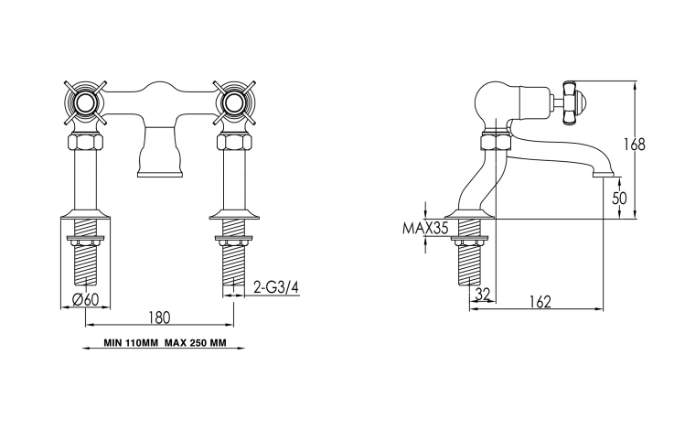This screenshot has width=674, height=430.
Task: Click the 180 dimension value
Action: pos(159,317)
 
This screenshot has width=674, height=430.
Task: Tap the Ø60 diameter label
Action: pos(86,299)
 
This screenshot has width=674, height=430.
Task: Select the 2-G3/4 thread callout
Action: pos(275,287)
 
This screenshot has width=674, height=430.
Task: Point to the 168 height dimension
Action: pos(635,145)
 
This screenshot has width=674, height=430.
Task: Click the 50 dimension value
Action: pos(619,199)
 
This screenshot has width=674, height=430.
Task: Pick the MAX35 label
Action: pos(425,228)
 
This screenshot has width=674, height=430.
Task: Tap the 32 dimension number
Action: pos(483,294)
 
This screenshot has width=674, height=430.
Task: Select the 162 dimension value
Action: pos(540,302)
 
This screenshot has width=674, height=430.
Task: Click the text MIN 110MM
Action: pos(131,343)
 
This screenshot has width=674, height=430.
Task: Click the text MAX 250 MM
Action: pos(195,343)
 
